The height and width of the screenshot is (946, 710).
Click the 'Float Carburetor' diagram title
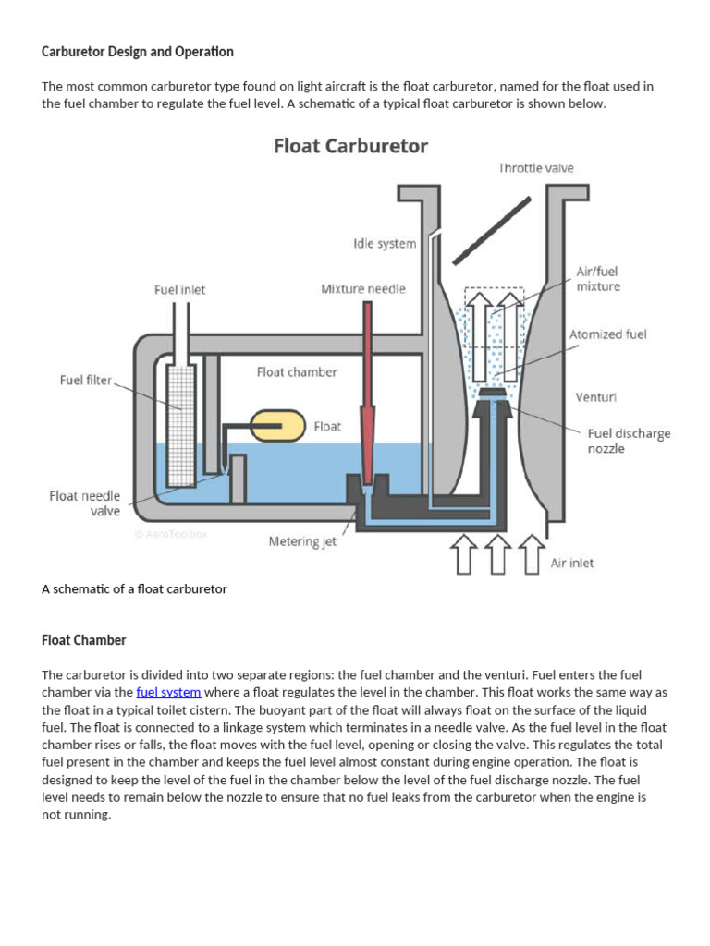[350, 147]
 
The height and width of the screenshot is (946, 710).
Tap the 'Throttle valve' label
[535, 168]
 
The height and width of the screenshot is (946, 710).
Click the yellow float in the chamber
[278, 426]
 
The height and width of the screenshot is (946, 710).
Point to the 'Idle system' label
[385, 244]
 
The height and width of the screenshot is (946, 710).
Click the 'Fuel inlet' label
[179, 289]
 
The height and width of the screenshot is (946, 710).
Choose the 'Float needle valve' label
[85, 503]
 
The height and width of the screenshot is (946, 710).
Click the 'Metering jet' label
[302, 541]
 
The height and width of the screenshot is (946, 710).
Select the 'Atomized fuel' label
[608, 334]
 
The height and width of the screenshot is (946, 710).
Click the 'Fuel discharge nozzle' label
[629, 441]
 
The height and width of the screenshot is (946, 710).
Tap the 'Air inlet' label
[572, 563]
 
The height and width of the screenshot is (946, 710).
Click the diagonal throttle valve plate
[492, 228]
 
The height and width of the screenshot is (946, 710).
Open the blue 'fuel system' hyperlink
[168, 692]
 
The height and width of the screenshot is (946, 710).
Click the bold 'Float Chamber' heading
[84, 639]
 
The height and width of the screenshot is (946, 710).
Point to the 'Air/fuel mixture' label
[598, 279]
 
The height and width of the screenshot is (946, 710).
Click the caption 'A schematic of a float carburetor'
[134, 588]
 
